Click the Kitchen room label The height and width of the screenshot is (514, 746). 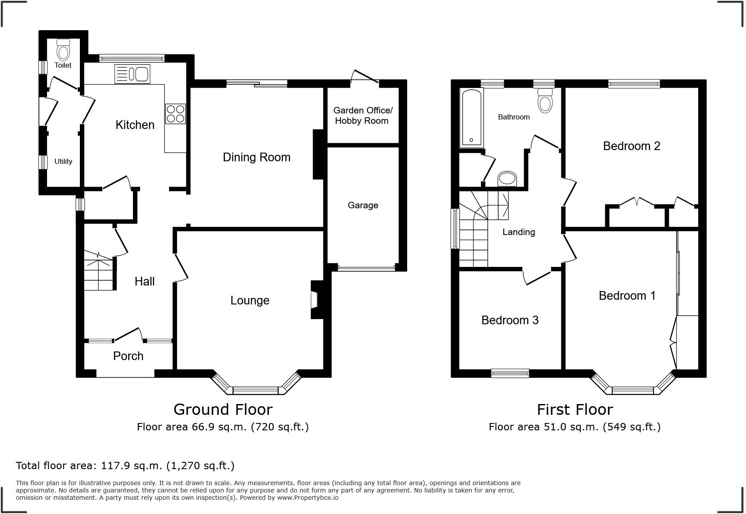(135, 125)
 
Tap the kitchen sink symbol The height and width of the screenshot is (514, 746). (132, 74)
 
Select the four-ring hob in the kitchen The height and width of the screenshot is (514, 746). (175, 114)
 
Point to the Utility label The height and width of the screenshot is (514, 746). (63, 161)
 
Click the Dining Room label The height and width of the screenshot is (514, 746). (256, 157)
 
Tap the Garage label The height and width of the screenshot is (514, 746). (363, 205)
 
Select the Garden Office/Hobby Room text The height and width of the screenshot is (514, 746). (361, 116)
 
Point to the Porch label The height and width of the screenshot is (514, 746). (128, 356)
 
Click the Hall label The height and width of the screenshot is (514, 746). (144, 282)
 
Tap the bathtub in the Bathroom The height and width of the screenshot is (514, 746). (471, 117)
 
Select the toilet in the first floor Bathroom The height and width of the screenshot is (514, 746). (545, 100)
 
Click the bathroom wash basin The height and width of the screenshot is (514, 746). (507, 179)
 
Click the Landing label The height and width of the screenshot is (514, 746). (518, 232)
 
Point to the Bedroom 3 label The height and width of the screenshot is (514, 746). (510, 320)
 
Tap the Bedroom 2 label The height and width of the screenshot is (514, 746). (631, 146)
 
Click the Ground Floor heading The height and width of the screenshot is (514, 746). (223, 409)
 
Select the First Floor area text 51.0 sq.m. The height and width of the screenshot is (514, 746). (574, 427)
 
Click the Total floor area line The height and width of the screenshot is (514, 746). (125, 466)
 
